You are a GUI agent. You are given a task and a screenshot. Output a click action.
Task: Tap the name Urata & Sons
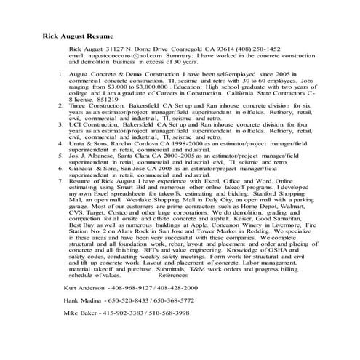[x=92, y=144]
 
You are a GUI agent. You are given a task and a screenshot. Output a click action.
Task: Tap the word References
[x=178, y=296]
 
